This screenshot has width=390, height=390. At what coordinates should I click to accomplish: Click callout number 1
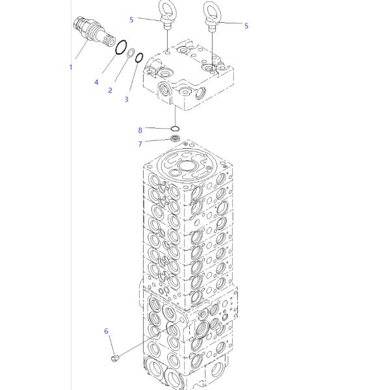(x=71, y=67)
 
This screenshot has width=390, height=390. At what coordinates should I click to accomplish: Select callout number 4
(x=96, y=82)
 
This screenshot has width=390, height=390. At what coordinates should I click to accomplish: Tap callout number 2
(x=110, y=90)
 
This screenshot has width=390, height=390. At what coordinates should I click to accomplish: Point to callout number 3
(x=127, y=99)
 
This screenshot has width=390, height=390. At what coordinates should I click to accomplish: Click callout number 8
(x=140, y=130)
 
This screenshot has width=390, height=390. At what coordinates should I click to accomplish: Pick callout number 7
(x=140, y=144)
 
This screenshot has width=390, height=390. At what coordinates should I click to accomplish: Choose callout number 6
(x=106, y=331)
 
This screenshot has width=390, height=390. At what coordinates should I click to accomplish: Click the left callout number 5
(x=131, y=19)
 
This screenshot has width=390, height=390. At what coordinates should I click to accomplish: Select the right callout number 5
(x=246, y=25)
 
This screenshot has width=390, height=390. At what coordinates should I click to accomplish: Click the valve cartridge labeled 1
(x=94, y=31)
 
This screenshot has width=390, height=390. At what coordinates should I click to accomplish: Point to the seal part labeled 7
(x=175, y=138)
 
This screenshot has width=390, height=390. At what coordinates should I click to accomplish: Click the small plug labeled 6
(x=115, y=358)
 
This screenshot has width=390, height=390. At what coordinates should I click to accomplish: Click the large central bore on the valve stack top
(x=188, y=166)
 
